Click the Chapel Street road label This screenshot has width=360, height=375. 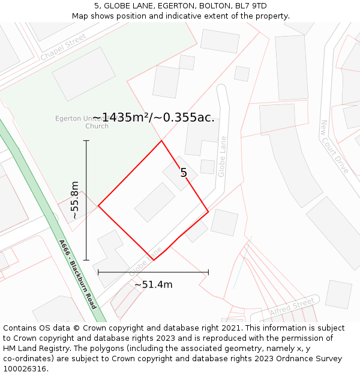[63, 47]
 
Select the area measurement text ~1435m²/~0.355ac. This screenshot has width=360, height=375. [153, 118]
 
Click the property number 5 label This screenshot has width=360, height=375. [184, 173]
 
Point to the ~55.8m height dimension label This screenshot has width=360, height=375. [74, 200]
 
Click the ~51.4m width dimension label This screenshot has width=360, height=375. [153, 284]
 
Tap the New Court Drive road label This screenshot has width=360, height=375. [334, 146]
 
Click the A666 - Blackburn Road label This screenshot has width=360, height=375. [77, 274]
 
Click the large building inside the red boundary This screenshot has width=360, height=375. [155, 202]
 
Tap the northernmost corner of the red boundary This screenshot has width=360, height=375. [161, 140]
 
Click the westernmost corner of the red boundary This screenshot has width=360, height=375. [98, 206]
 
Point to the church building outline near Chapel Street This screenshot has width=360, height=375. [83, 74]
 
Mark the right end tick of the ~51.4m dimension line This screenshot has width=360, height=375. [208, 272]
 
